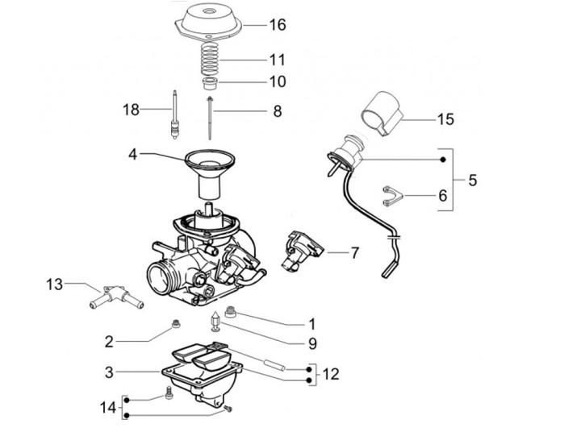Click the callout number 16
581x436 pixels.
pos(277,25)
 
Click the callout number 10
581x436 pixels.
pos(277,81)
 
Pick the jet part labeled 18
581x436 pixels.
pos(173,114)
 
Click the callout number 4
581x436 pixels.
pos(134,152)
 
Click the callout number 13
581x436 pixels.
pos(54,284)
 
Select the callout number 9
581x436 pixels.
pos(311,343)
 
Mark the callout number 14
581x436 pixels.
pos(107,407)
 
